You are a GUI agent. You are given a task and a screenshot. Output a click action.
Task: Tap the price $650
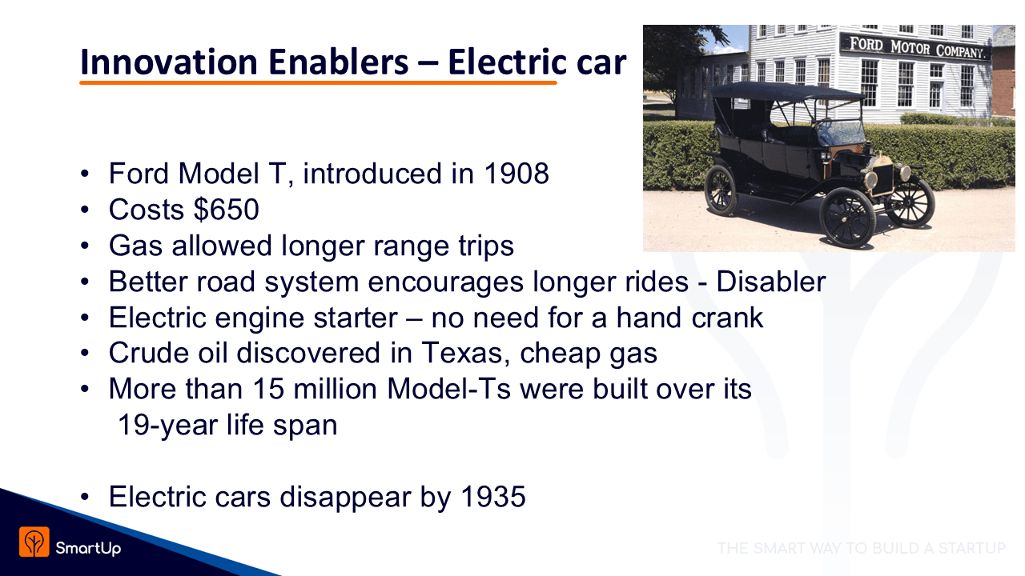point(227,210)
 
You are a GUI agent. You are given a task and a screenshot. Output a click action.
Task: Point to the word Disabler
point(771,281)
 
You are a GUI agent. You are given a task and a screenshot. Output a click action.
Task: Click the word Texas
point(462,353)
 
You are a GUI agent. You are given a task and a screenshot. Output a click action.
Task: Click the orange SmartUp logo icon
point(34,542)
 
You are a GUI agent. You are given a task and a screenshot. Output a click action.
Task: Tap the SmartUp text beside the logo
point(88,548)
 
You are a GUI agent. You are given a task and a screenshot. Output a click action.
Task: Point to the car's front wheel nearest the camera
point(847,218)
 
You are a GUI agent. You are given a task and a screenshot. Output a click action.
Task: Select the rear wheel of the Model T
point(722,190)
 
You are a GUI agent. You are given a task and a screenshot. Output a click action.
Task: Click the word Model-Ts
point(448,389)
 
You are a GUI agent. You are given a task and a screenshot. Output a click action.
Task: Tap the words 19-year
point(167,426)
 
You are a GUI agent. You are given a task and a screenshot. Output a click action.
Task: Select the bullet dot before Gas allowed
point(85,246)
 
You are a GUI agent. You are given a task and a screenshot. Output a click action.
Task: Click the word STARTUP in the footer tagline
point(972,548)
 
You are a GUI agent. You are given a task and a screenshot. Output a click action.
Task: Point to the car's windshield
point(840,132)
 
